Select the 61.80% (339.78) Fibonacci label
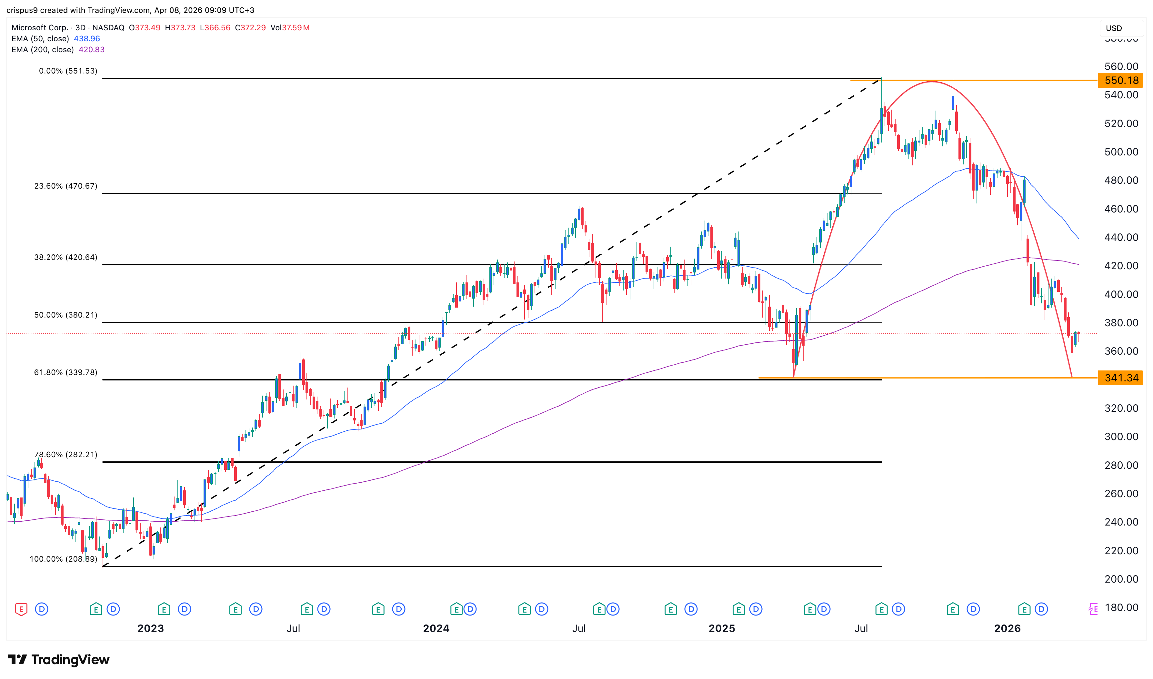point(65,372)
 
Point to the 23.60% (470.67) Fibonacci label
point(65,186)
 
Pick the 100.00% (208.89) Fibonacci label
point(63,559)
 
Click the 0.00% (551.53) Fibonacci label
point(68,71)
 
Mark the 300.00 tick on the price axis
point(1121,437)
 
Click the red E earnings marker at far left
point(21,609)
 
